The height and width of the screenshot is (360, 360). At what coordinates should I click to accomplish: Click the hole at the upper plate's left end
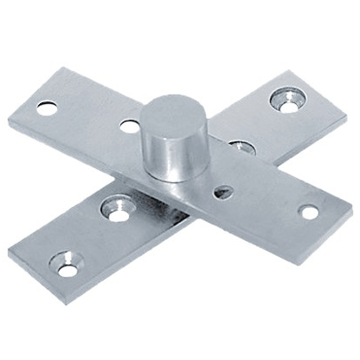(x=47, y=108)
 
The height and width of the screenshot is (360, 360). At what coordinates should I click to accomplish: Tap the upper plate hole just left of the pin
(x=130, y=125)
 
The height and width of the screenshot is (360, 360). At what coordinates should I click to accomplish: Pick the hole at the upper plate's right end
(x=308, y=212)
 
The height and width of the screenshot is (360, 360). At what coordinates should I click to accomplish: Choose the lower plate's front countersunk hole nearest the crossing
(x=118, y=210)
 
